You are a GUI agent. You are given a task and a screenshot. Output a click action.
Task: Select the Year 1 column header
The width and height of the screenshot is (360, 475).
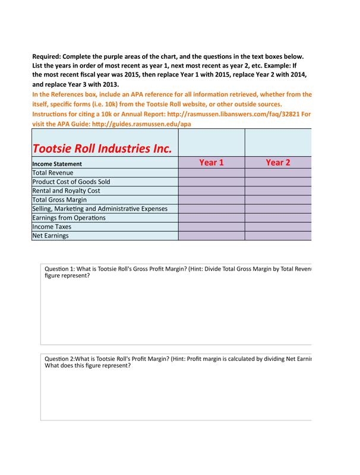click(211, 162)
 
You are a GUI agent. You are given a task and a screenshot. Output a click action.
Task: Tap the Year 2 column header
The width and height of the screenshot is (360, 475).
click(277, 162)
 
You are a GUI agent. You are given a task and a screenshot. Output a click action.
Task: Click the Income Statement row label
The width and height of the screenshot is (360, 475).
click(57, 163)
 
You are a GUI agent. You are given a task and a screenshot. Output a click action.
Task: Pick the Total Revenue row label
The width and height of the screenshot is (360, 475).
click(53, 173)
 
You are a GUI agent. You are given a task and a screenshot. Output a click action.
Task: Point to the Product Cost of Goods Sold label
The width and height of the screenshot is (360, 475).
click(71, 182)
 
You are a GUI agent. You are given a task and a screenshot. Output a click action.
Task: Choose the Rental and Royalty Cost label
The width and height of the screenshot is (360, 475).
click(66, 191)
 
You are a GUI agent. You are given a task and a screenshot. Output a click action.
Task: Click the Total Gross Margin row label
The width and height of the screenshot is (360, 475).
click(59, 199)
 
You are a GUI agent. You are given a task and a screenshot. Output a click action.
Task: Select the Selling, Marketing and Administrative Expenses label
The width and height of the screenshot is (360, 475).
click(100, 208)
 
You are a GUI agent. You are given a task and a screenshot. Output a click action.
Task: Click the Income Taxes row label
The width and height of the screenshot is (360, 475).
click(52, 226)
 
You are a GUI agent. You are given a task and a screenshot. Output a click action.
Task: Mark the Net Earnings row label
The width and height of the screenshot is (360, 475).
click(50, 236)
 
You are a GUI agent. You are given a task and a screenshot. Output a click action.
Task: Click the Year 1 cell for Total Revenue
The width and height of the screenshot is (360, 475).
click(211, 173)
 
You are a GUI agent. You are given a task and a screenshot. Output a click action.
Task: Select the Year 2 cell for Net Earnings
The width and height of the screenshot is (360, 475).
click(277, 236)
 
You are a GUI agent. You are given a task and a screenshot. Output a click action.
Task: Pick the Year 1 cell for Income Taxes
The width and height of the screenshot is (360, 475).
click(211, 226)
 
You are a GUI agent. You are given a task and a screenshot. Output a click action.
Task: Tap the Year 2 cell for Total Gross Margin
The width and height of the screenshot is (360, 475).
click(277, 199)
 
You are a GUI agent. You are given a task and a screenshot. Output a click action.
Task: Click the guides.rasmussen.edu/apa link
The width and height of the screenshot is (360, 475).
click(142, 123)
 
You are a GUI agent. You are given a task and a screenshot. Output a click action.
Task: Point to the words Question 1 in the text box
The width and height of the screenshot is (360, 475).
click(60, 269)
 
